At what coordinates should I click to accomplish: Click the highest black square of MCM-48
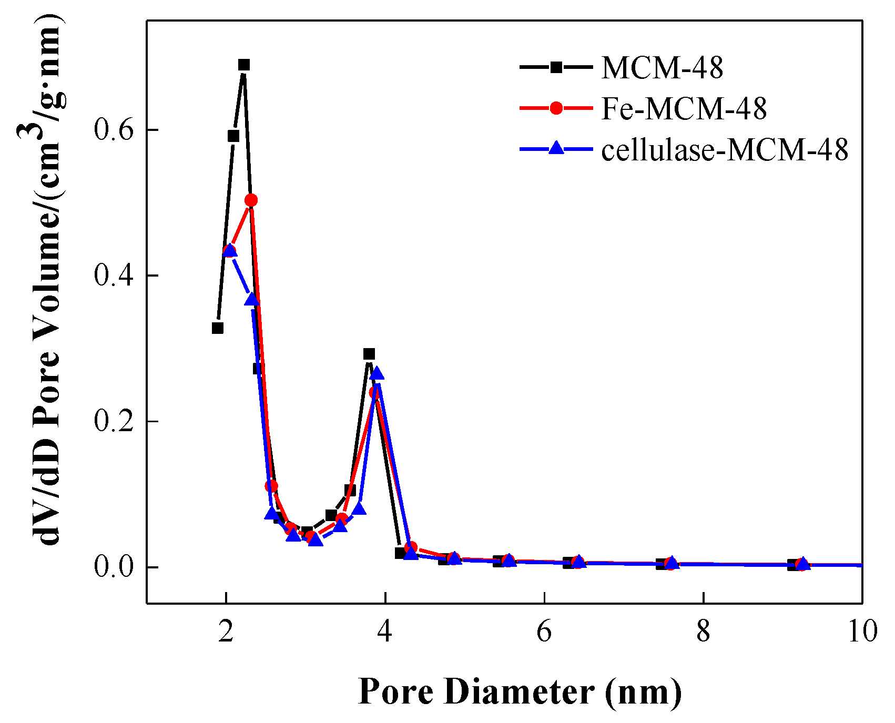[244, 65]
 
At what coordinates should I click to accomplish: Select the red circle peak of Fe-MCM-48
[251, 200]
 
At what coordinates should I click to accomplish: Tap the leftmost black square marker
[218, 328]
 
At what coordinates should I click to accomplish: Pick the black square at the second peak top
[369, 354]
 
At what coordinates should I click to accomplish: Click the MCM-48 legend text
[662, 68]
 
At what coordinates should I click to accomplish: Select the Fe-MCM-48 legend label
[684, 109]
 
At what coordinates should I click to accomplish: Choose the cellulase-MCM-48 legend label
[725, 150]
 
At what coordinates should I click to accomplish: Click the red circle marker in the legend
[556, 109]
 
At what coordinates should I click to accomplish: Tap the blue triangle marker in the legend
[556, 149]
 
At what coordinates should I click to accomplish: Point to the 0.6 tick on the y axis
[113, 130]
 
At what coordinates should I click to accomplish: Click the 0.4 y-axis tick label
[113, 276]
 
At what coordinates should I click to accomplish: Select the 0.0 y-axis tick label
[113, 568]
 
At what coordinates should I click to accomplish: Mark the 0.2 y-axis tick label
[113, 422]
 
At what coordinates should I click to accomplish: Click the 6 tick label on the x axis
[544, 631]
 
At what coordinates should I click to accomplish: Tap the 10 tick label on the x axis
[862, 631]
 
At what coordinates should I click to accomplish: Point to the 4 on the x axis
[385, 631]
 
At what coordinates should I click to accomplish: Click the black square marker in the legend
[556, 67]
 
